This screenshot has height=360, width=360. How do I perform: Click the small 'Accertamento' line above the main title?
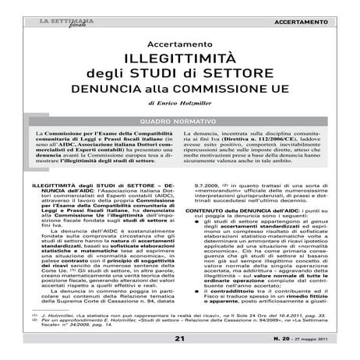(x=179, y=45)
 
